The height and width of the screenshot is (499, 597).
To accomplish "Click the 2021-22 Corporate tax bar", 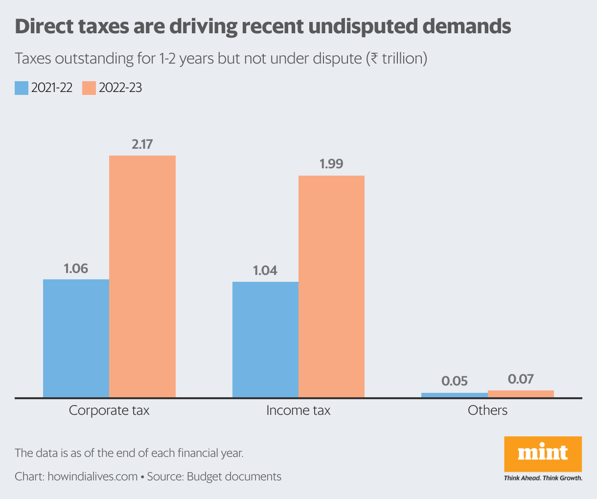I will point(76,338).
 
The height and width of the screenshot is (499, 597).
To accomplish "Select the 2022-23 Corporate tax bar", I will point(142,276).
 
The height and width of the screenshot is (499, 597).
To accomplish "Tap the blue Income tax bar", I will point(265,340).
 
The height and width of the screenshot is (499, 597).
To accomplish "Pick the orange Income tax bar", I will point(331,286).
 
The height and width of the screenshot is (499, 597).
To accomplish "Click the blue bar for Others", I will point(455,395).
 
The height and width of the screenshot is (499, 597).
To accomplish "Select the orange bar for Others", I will point(521,394).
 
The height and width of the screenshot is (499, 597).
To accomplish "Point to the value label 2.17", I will point(142,144).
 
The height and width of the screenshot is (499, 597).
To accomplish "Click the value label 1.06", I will point(76,268).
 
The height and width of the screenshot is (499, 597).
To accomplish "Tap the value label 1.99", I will point(331,164).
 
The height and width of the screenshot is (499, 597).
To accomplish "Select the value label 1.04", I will point(265,271).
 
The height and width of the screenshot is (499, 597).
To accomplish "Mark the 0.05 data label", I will point(455,381).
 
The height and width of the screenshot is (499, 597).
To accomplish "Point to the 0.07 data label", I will point(521,379).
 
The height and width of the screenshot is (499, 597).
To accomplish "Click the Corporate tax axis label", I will point(109,410).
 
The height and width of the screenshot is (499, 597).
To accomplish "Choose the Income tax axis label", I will point(298,410).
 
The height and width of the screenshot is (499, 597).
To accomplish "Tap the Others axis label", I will point(487,410).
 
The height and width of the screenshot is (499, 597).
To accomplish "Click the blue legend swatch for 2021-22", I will point(22,88).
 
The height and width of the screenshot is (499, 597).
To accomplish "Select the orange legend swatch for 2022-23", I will point(89,88).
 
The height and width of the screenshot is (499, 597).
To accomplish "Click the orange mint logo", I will point(543,454).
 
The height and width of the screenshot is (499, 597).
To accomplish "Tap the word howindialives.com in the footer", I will point(92,476).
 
